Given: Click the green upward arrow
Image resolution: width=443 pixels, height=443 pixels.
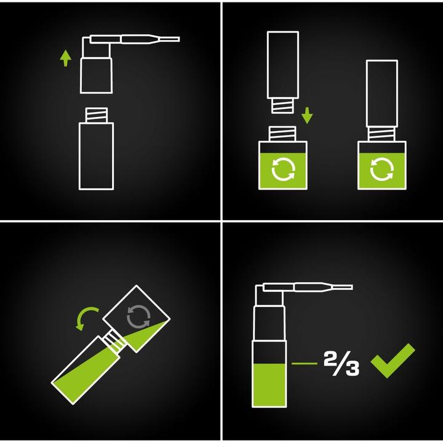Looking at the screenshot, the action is point(66,58).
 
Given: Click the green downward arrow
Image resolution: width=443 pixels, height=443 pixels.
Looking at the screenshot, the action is point(307,115).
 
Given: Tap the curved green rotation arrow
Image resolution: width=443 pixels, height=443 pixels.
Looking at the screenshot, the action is point(86,317).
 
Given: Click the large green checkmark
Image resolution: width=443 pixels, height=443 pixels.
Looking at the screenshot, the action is point(393,361).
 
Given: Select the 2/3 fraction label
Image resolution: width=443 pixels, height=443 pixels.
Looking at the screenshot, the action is point(341,364).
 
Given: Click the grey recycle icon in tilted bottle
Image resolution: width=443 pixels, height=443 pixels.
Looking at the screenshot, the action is point(138,317).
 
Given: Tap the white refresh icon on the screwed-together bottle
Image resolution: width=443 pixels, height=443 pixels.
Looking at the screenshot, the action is point(381,169).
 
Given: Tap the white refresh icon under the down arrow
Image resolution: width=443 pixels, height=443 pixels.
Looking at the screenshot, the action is point(283,169).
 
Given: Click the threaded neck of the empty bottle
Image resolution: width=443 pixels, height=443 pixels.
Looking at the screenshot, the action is point(97,115).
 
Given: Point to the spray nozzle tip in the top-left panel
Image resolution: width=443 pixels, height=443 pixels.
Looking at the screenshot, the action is point(178,39).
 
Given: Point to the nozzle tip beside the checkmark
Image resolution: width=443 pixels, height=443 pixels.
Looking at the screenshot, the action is point(351,287).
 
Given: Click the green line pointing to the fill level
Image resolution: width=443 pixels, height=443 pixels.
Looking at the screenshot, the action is point(305,364).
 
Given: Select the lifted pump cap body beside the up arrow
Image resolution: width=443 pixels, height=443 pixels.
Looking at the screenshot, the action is point(97,76).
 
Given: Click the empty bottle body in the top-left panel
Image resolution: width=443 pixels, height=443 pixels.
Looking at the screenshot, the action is point(97,156).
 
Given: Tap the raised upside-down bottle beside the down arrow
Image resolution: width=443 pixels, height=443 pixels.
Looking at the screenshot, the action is point(283,65).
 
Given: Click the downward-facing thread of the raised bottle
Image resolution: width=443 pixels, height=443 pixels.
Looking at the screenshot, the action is point(282,106).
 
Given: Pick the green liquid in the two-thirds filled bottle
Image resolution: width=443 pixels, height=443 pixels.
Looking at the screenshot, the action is point(269,385).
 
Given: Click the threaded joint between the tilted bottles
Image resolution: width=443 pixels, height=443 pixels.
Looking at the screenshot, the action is point(114,341).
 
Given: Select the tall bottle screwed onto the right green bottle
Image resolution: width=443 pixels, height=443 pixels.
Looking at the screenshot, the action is point(382,94).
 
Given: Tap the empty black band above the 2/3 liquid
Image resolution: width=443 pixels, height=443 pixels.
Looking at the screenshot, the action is point(269,352).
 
